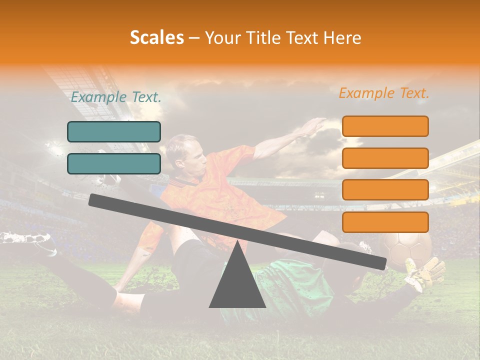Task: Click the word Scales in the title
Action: (x=156, y=38)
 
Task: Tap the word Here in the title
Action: (x=342, y=38)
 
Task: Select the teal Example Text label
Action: (x=116, y=97)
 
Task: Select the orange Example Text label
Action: (x=384, y=93)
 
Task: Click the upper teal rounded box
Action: (x=114, y=131)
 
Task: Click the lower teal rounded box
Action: (x=114, y=163)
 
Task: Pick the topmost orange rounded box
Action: (x=385, y=126)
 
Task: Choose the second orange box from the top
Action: (x=385, y=158)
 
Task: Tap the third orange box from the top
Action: (x=385, y=190)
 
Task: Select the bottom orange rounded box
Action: (x=385, y=222)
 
